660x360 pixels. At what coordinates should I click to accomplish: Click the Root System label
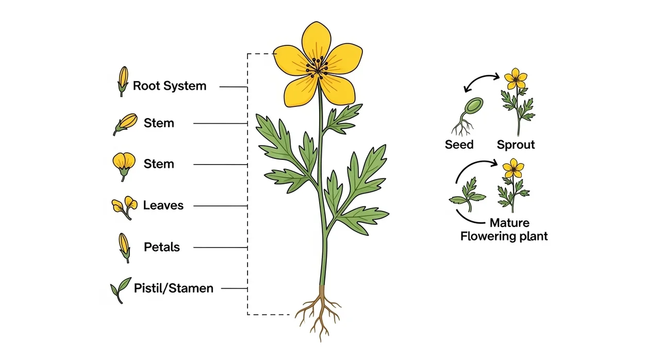coord(169,86)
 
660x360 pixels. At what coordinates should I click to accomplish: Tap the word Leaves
coord(163,205)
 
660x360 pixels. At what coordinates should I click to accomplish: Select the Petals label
coord(162,247)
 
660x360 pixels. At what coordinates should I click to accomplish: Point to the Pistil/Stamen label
coord(173,288)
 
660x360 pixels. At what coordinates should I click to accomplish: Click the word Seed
coord(459,145)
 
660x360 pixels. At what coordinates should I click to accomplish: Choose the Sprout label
coord(516,145)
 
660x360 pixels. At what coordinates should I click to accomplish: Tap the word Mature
coord(509,223)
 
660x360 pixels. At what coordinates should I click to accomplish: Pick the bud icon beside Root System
coord(123,81)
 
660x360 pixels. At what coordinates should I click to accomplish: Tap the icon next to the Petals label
coord(124,247)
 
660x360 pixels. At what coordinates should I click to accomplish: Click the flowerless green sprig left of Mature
coord(467,195)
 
